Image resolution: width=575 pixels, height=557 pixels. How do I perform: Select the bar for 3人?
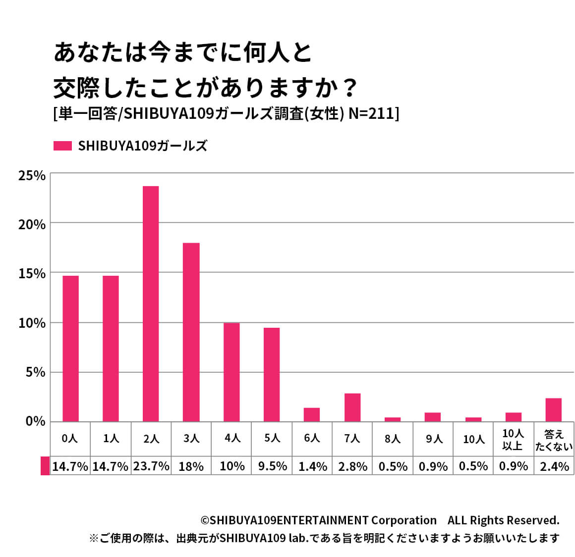191,332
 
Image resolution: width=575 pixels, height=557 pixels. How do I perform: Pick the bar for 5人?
272,374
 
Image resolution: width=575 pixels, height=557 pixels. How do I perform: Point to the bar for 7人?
352,407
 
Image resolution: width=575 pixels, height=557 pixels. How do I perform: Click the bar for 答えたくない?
553,409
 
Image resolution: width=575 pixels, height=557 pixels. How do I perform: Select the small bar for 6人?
312,414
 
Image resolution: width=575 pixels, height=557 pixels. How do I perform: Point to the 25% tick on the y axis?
32,176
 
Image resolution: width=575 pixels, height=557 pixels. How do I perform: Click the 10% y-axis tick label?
32,323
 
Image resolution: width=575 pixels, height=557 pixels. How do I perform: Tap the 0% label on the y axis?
35,421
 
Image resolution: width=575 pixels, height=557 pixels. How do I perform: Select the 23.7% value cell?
151,466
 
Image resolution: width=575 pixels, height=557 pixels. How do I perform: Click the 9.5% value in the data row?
272,466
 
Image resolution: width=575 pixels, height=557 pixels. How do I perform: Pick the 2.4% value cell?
554,466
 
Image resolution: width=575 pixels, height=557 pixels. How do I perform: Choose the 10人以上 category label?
513,440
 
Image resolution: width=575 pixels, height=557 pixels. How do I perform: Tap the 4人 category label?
232,439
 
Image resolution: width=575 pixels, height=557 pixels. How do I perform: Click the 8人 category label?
393,439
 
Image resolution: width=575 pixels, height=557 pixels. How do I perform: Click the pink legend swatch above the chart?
62,146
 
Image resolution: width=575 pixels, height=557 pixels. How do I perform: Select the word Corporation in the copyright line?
403,520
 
